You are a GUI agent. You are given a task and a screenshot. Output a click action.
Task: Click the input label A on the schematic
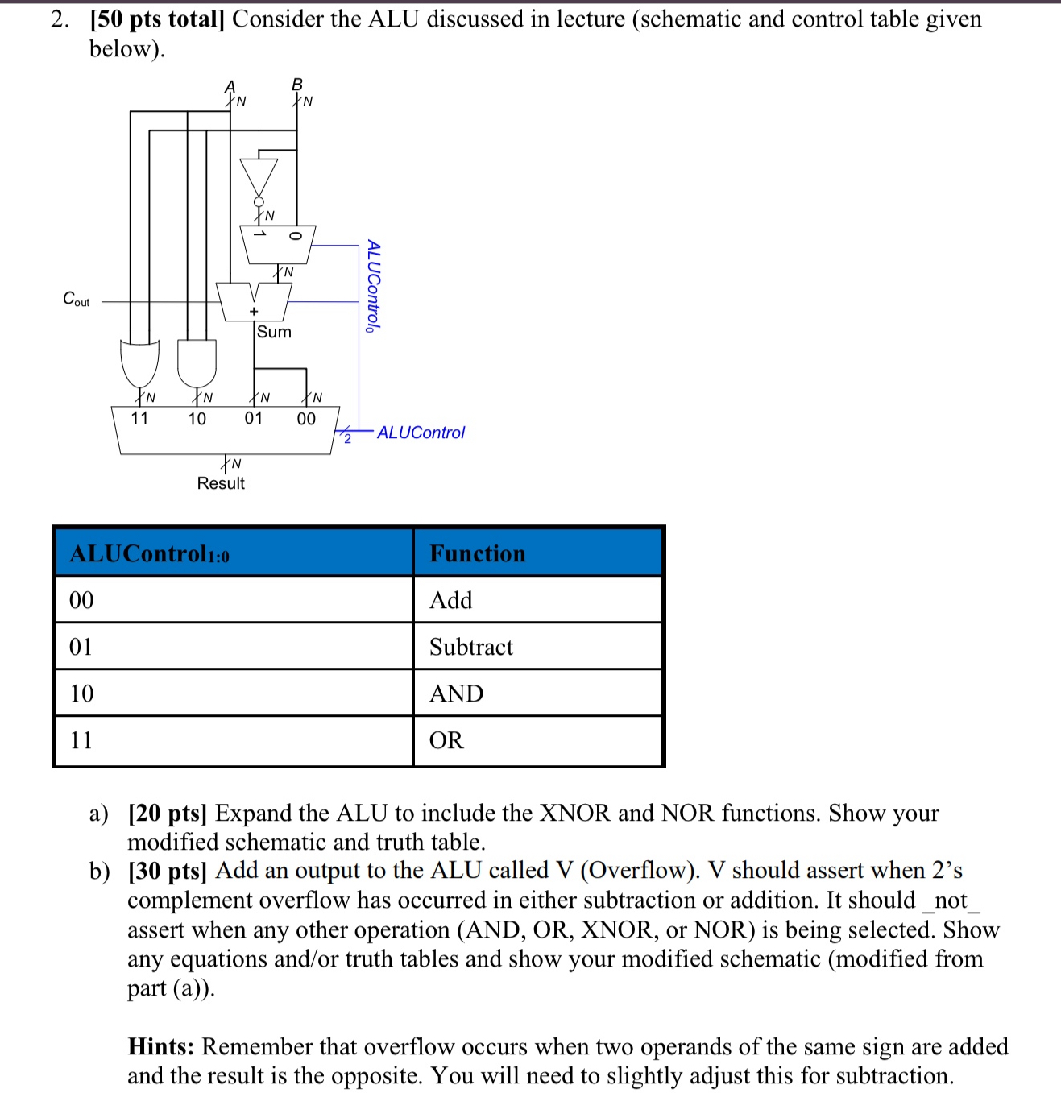(230, 86)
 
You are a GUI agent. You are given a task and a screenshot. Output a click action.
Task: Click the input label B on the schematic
(297, 85)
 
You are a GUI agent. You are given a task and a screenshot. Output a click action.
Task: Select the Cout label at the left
(77, 300)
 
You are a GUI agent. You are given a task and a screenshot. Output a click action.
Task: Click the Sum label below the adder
(274, 332)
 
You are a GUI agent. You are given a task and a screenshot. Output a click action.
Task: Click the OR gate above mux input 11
(139, 363)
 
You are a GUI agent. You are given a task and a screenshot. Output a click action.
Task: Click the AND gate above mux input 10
(197, 363)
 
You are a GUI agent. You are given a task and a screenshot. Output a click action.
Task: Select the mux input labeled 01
(254, 418)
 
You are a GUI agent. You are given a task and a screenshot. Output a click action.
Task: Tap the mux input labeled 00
(306, 419)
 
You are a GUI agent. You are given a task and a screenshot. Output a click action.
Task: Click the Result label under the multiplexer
(221, 483)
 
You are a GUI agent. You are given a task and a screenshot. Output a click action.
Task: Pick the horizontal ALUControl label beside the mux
(421, 433)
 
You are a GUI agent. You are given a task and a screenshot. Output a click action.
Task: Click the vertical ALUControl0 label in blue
(372, 285)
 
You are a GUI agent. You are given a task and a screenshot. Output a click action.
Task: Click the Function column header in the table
(477, 553)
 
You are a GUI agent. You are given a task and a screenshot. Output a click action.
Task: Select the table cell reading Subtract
(471, 647)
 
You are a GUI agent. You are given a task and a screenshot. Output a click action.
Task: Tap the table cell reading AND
(456, 693)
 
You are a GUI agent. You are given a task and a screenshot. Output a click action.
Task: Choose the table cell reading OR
(446, 740)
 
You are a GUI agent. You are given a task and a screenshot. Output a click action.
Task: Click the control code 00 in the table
(81, 600)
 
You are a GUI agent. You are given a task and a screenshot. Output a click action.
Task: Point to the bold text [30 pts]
(168, 871)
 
